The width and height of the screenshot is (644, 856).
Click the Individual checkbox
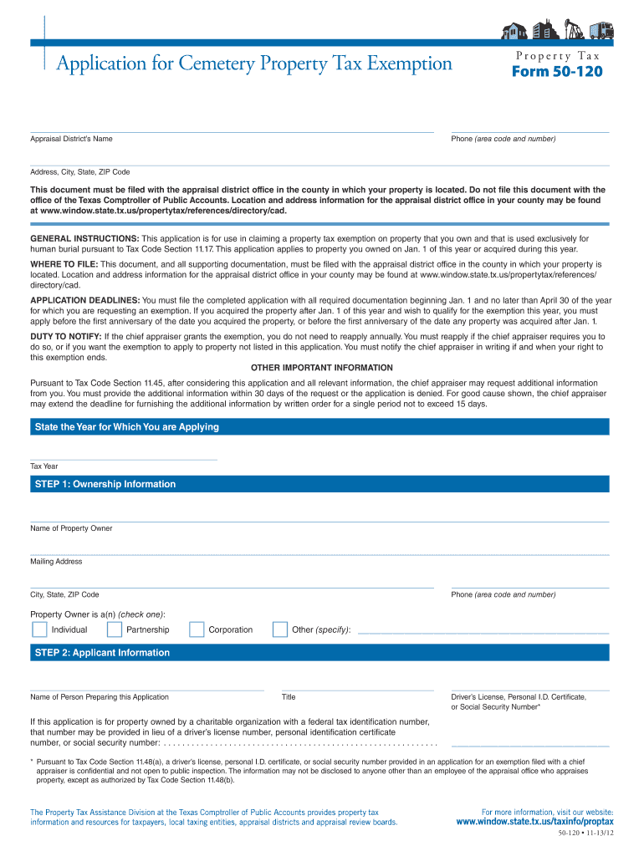(38, 629)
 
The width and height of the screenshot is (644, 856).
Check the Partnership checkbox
(114, 629)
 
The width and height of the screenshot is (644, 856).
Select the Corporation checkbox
(197, 629)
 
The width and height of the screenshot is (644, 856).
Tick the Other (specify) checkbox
(280, 629)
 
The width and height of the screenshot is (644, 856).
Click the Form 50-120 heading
(556, 72)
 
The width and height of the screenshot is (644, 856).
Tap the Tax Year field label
(44, 466)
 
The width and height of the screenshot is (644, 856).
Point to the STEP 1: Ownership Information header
(105, 484)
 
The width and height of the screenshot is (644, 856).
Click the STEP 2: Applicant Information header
(102, 653)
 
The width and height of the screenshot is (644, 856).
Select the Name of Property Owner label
(71, 528)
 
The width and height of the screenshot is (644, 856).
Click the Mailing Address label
(56, 562)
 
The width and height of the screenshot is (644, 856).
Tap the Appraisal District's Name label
(71, 139)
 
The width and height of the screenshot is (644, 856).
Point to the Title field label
(289, 696)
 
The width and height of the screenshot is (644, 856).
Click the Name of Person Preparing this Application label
(100, 696)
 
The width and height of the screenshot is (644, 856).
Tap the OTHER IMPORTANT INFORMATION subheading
(322, 368)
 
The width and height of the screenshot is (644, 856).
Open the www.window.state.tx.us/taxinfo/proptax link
(534, 822)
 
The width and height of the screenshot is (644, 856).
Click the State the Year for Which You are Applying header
(126, 427)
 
